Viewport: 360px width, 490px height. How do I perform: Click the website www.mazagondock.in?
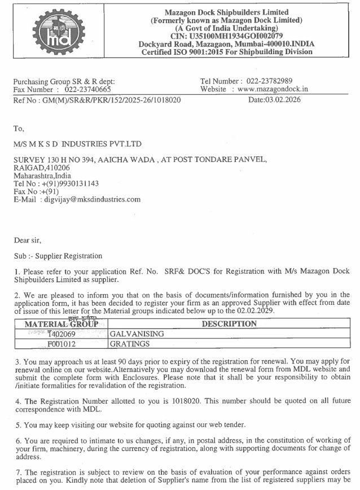[273, 89]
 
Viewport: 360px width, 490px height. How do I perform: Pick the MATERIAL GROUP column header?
[62, 325]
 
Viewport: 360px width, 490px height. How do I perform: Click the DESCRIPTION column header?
[229, 324]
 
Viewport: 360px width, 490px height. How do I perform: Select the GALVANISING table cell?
[137, 334]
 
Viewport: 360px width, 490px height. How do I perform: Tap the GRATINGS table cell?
[130, 343]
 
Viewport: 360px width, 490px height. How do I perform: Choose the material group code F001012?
[62, 343]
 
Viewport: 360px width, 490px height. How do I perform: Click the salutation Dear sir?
[28, 240]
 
